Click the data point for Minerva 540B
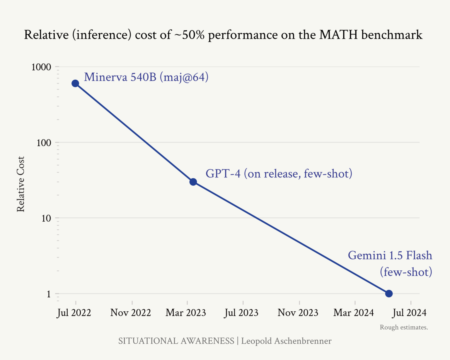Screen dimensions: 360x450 pyautogui.click(x=75, y=83)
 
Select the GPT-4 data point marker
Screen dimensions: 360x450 pyautogui.click(x=193, y=182)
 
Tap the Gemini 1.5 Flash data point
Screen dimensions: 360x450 pyautogui.click(x=389, y=294)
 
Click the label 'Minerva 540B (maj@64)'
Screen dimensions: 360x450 pyautogui.click(x=146, y=77)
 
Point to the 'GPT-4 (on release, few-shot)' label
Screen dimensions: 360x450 pyautogui.click(x=279, y=174)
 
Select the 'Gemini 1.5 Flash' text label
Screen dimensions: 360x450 pyautogui.click(x=390, y=256)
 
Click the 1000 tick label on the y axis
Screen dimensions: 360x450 pyautogui.click(x=41, y=67)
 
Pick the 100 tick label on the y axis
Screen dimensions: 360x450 pyautogui.click(x=44, y=143)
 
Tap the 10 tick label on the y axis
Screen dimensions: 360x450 pyautogui.click(x=46, y=218)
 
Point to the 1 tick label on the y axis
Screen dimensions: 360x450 pyautogui.click(x=49, y=294)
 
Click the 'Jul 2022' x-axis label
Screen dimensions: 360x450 pyautogui.click(x=74, y=313)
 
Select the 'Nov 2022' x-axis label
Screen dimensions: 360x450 pyautogui.click(x=130, y=313)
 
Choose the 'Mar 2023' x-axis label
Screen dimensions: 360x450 pyautogui.click(x=186, y=313)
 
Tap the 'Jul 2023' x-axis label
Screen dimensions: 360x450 pyautogui.click(x=241, y=313)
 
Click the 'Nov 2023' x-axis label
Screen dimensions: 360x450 pyautogui.click(x=298, y=313)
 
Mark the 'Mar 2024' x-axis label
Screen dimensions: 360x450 pyautogui.click(x=354, y=313)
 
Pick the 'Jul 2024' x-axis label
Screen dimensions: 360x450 pyautogui.click(x=409, y=313)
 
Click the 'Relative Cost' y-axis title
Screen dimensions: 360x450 pyautogui.click(x=21, y=184)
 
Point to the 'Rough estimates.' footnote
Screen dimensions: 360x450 pyautogui.click(x=404, y=327)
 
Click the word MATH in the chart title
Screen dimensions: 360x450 pyautogui.click(x=338, y=35)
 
